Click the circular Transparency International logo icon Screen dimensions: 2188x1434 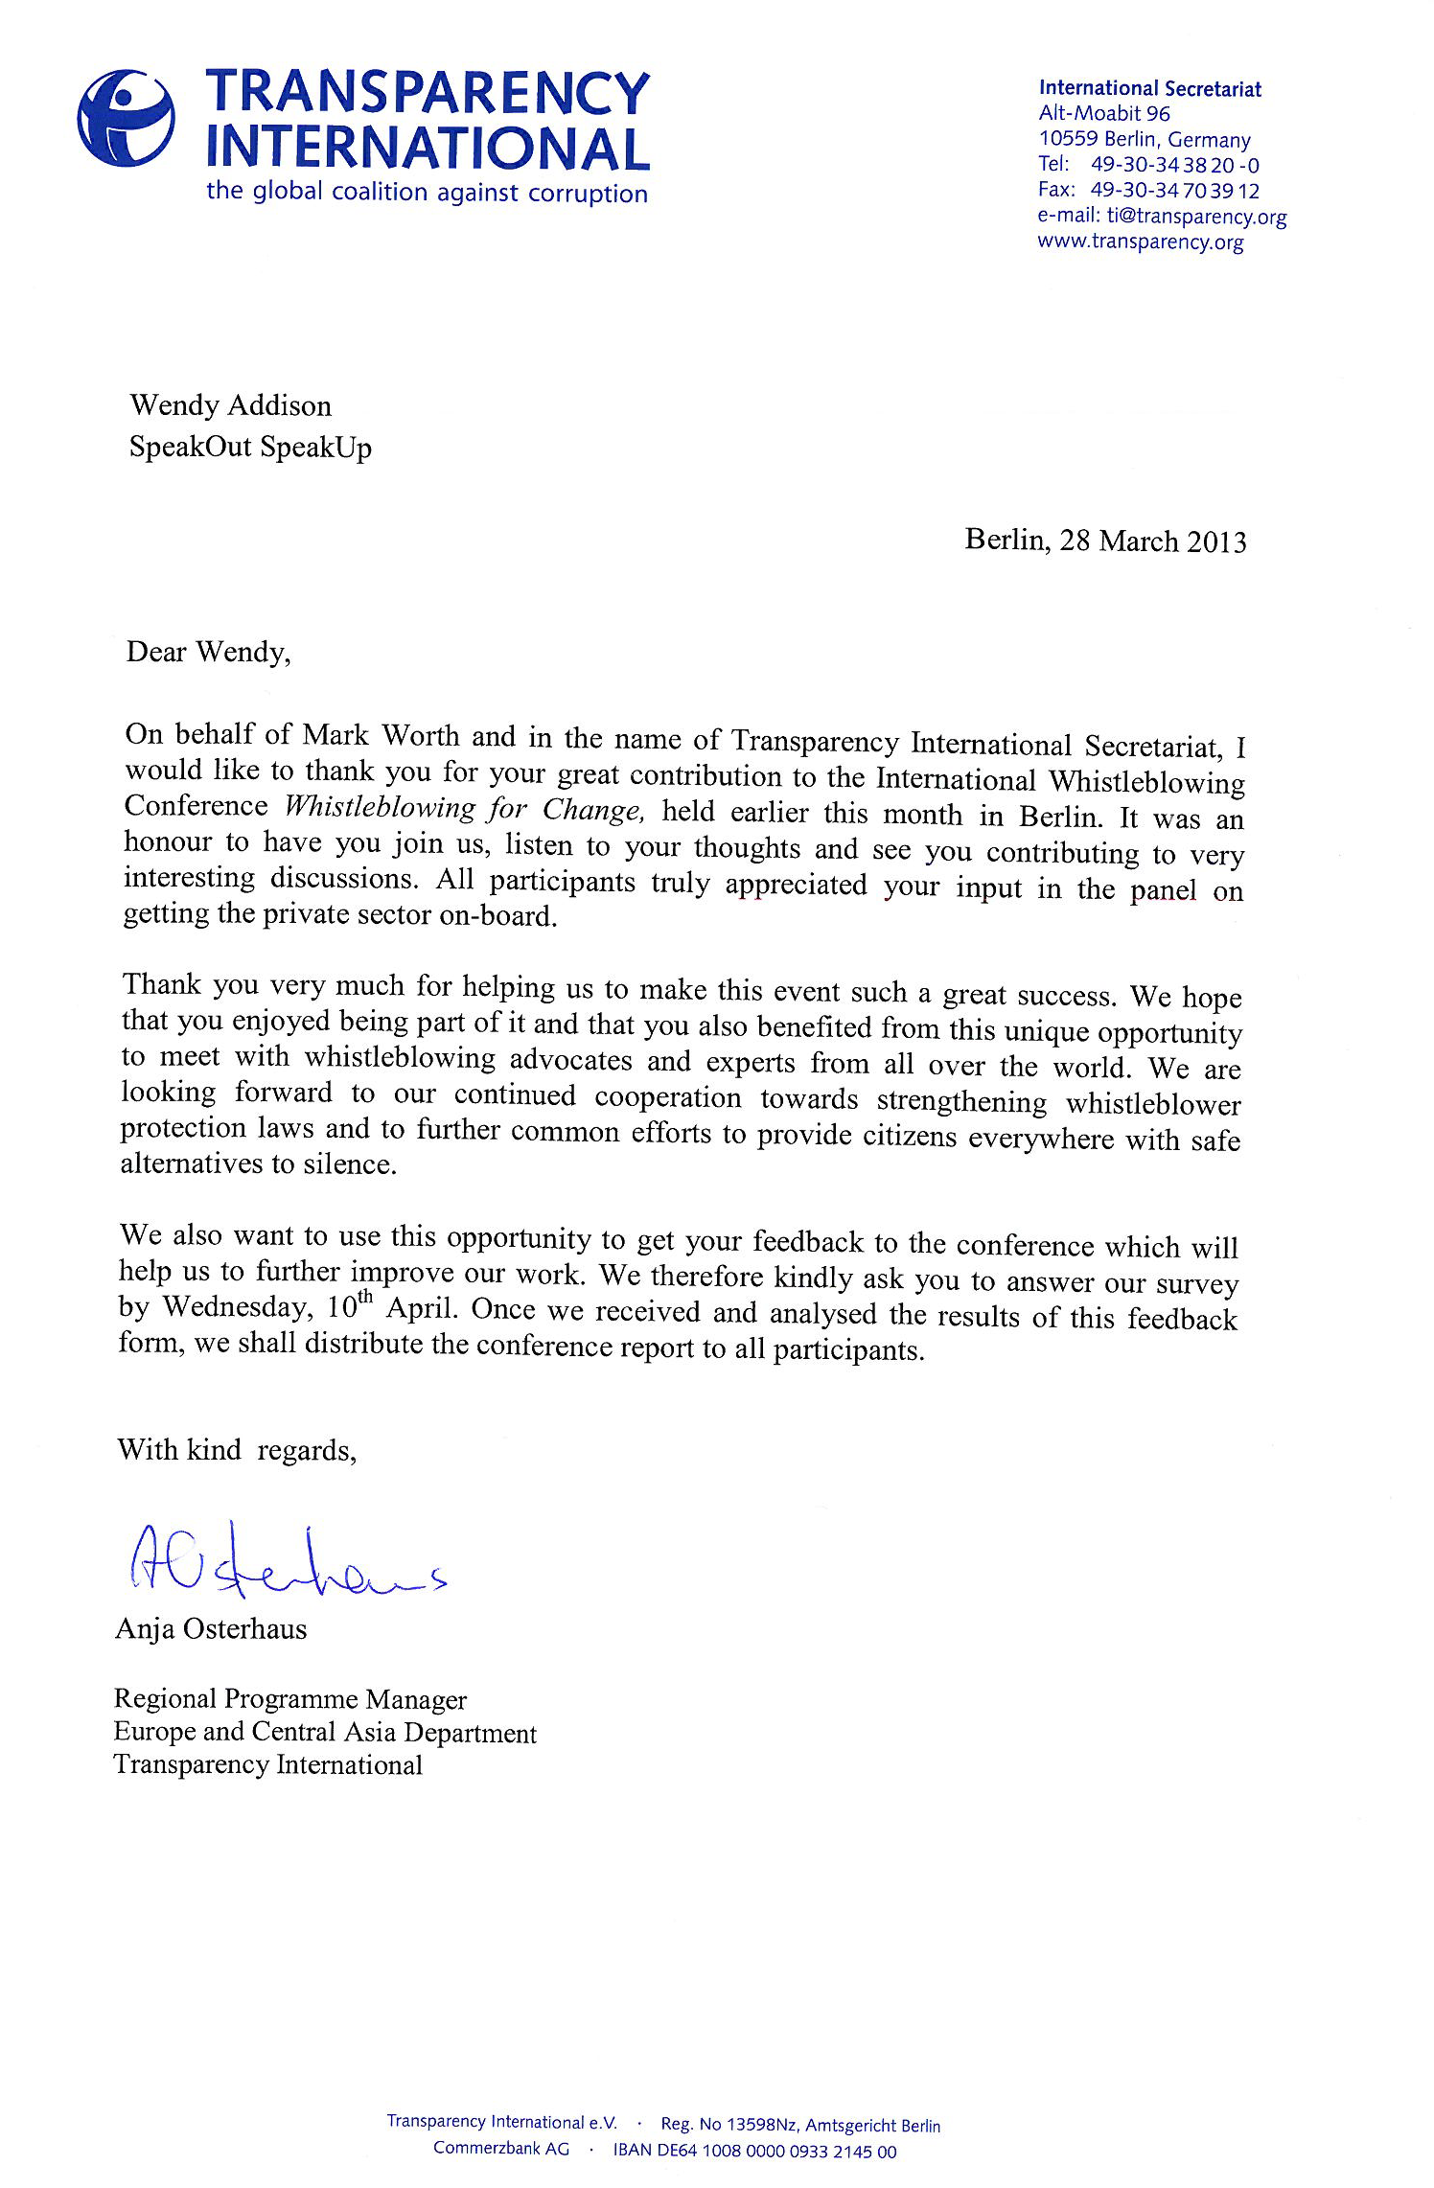click(x=126, y=121)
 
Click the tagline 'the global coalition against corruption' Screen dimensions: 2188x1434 click(x=427, y=192)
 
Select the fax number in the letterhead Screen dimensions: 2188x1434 click(x=1174, y=191)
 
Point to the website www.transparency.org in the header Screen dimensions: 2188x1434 click(x=1140, y=242)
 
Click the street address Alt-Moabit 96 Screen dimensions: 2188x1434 click(x=1104, y=113)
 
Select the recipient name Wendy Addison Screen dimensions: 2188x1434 click(x=230, y=406)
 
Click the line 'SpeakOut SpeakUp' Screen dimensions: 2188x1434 click(x=250, y=448)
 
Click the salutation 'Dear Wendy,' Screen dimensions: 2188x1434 click(x=208, y=653)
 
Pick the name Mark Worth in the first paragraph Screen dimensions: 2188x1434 click(x=368, y=736)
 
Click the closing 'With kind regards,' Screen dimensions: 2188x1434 click(x=237, y=1450)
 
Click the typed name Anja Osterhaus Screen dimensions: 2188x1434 click(x=211, y=1628)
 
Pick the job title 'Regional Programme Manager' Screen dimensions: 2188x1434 click(x=289, y=1699)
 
